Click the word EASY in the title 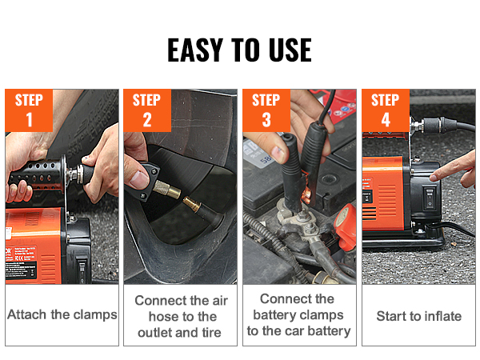tap(194, 50)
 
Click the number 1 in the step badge tap(29, 119)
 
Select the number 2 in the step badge tap(147, 119)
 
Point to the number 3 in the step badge tap(266, 119)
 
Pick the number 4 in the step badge tap(386, 119)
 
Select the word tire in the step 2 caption tap(211, 333)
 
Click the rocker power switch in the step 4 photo tap(430, 198)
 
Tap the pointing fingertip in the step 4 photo tap(433, 177)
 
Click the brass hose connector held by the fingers tap(166, 190)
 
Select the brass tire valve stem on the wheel tap(192, 205)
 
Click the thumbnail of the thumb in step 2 tap(139, 180)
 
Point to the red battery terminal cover tap(346, 227)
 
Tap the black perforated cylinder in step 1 tap(36, 175)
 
